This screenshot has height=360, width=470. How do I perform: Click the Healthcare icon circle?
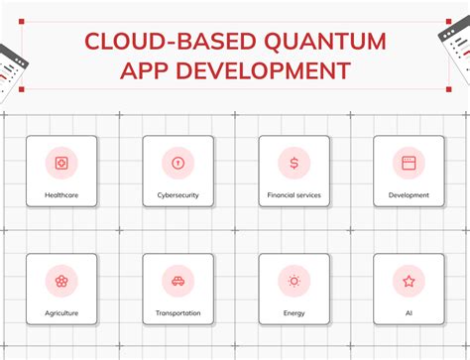tap(61, 163)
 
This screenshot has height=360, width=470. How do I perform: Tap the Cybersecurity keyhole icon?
tap(177, 163)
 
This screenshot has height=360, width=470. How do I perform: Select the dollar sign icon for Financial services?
tap(294, 163)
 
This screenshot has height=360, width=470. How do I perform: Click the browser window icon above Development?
tap(409, 163)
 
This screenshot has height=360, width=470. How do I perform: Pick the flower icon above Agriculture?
tap(61, 281)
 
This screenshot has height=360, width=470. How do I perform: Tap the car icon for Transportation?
tap(177, 281)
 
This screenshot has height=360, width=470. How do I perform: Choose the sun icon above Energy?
tap(294, 281)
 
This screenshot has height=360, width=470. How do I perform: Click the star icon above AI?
tap(409, 281)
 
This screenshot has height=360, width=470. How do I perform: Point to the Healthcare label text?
tap(61, 195)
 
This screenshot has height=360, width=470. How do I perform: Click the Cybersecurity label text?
tap(177, 195)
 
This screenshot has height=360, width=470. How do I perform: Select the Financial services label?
tap(294, 195)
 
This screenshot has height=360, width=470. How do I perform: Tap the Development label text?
tap(409, 195)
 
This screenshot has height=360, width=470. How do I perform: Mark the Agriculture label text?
tap(61, 313)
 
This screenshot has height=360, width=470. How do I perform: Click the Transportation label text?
tap(177, 313)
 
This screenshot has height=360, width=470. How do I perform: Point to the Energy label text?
tap(294, 313)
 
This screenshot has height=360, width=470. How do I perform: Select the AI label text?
tap(409, 313)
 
